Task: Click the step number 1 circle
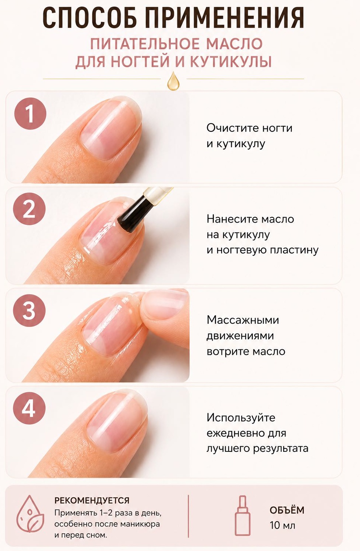[30, 114]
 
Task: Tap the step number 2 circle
[29, 209]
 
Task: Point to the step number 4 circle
[29, 408]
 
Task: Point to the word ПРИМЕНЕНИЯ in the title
[224, 18]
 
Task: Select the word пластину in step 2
[294, 250]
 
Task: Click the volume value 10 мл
[282, 525]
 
